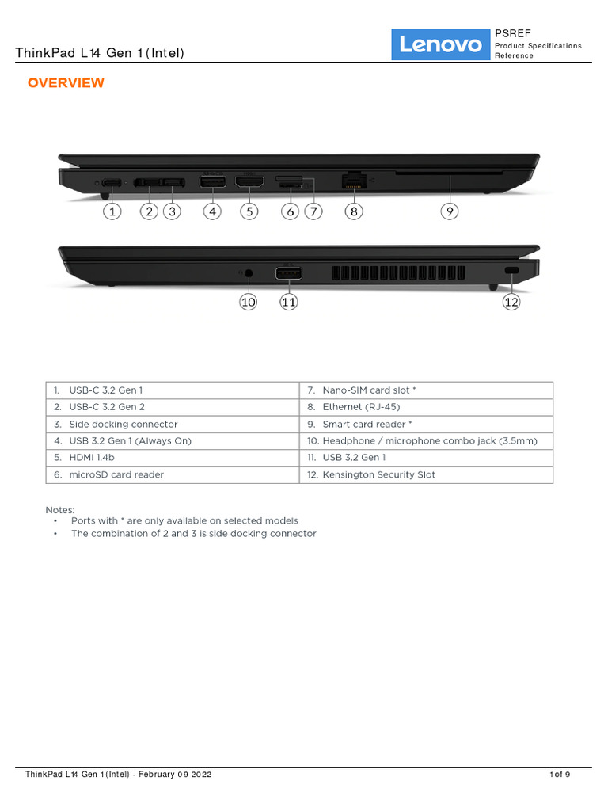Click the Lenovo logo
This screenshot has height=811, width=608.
(x=441, y=44)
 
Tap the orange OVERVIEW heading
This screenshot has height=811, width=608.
(x=66, y=83)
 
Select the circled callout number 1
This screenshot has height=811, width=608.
(x=113, y=211)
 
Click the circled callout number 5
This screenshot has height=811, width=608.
(x=249, y=211)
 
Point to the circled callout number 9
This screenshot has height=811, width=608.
(x=450, y=211)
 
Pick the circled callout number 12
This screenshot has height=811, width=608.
(x=512, y=302)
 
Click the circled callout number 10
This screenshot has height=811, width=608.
(x=249, y=302)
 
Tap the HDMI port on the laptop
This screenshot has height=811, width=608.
(x=249, y=183)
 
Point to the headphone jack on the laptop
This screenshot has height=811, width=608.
(x=249, y=274)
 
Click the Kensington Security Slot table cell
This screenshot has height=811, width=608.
(x=426, y=475)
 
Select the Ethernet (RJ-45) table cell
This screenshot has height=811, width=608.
(x=426, y=407)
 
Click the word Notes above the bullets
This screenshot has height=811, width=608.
(x=60, y=510)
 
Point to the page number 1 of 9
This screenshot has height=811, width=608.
(x=560, y=774)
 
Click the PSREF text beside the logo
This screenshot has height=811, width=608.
(x=513, y=33)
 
